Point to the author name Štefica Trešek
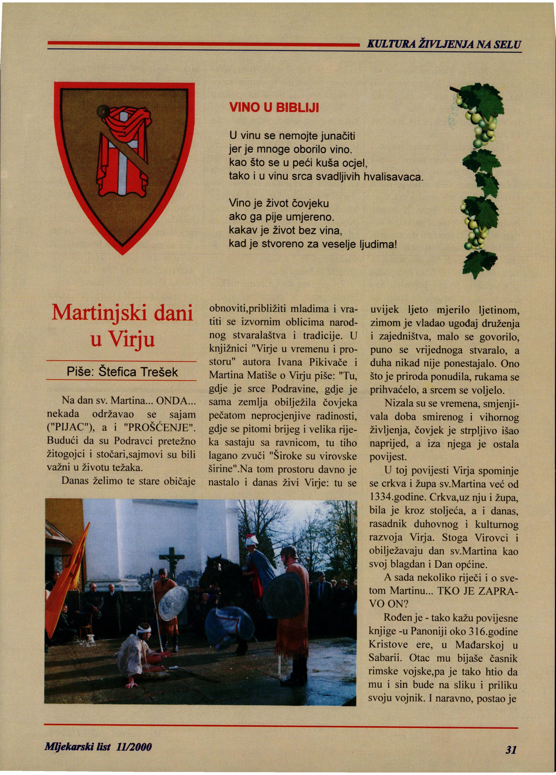[138, 372]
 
